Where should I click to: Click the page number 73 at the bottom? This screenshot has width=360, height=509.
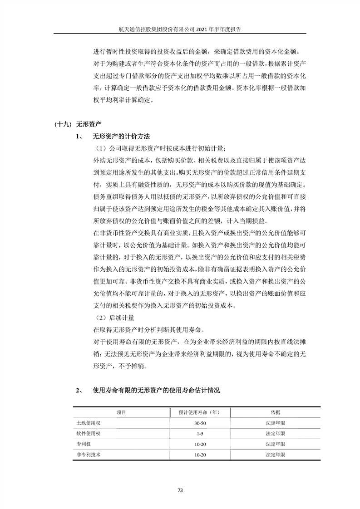(x=180, y=489)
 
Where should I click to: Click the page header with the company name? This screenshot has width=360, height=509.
(x=179, y=28)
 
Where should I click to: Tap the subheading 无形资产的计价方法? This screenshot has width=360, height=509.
(x=121, y=137)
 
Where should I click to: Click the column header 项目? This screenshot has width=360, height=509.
(x=121, y=412)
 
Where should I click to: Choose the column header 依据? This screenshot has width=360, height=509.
(x=275, y=412)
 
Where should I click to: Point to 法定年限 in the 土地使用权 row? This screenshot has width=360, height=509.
(x=275, y=423)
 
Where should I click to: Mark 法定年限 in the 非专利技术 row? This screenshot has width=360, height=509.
(x=275, y=454)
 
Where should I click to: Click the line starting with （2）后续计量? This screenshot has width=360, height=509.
(x=113, y=318)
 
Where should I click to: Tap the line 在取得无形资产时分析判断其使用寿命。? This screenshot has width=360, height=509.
(x=149, y=329)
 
